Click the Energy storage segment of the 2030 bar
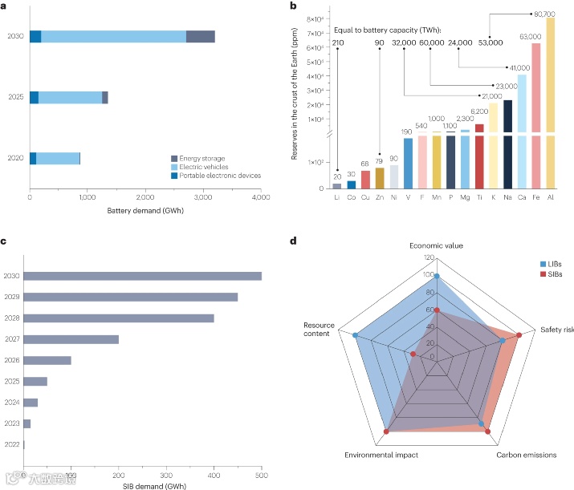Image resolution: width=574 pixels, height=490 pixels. pyautogui.click(x=200, y=36)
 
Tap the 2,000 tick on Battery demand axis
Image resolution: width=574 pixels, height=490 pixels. pyautogui.click(x=145, y=197)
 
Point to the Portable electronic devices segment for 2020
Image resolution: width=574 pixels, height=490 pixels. pyautogui.click(x=33, y=158)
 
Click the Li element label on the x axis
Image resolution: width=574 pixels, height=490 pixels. pyautogui.click(x=336, y=196)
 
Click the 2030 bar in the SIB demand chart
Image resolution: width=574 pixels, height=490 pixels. pyautogui.click(x=143, y=276)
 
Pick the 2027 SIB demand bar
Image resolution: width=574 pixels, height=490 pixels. pyautogui.click(x=71, y=339)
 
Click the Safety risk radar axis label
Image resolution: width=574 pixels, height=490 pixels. pyautogui.click(x=556, y=330)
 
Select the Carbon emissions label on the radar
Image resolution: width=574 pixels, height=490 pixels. pyautogui.click(x=526, y=455)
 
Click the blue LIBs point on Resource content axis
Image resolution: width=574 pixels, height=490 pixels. pyautogui.click(x=354, y=334)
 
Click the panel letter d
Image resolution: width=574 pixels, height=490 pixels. pyautogui.click(x=292, y=240)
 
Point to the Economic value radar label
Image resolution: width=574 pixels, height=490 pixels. pyautogui.click(x=437, y=245)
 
